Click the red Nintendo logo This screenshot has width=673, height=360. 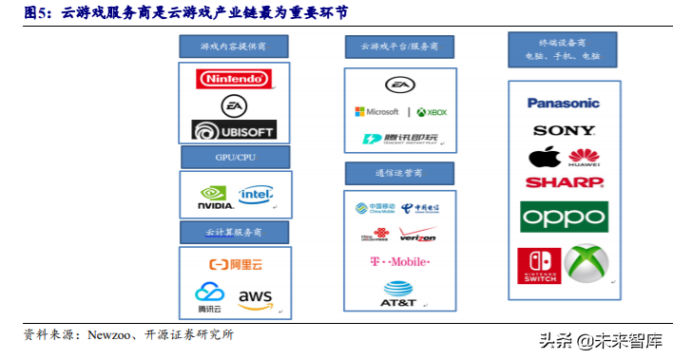pyautogui.click(x=232, y=79)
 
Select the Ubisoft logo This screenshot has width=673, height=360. pyautogui.click(x=233, y=130)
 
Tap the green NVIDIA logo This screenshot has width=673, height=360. pyautogui.click(x=216, y=197)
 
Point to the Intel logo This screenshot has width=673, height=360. pyautogui.click(x=256, y=195)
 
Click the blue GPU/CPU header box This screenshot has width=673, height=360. pyautogui.click(x=235, y=157)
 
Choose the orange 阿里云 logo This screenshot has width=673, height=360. pyautogui.click(x=234, y=264)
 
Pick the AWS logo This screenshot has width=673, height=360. pyautogui.click(x=255, y=299)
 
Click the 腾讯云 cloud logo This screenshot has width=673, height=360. pyautogui.click(x=209, y=298)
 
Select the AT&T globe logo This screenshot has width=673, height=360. pyautogui.click(x=399, y=294)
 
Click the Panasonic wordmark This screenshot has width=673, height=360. pyautogui.click(x=564, y=103)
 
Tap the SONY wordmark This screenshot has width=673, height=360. pyautogui.click(x=564, y=130)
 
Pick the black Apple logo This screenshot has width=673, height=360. pyautogui.click(x=545, y=157)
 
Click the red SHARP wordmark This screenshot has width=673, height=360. pyautogui.click(x=564, y=181)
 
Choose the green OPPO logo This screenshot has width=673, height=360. pyautogui.click(x=564, y=217)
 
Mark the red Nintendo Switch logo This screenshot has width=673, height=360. pyautogui.click(x=539, y=265)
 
